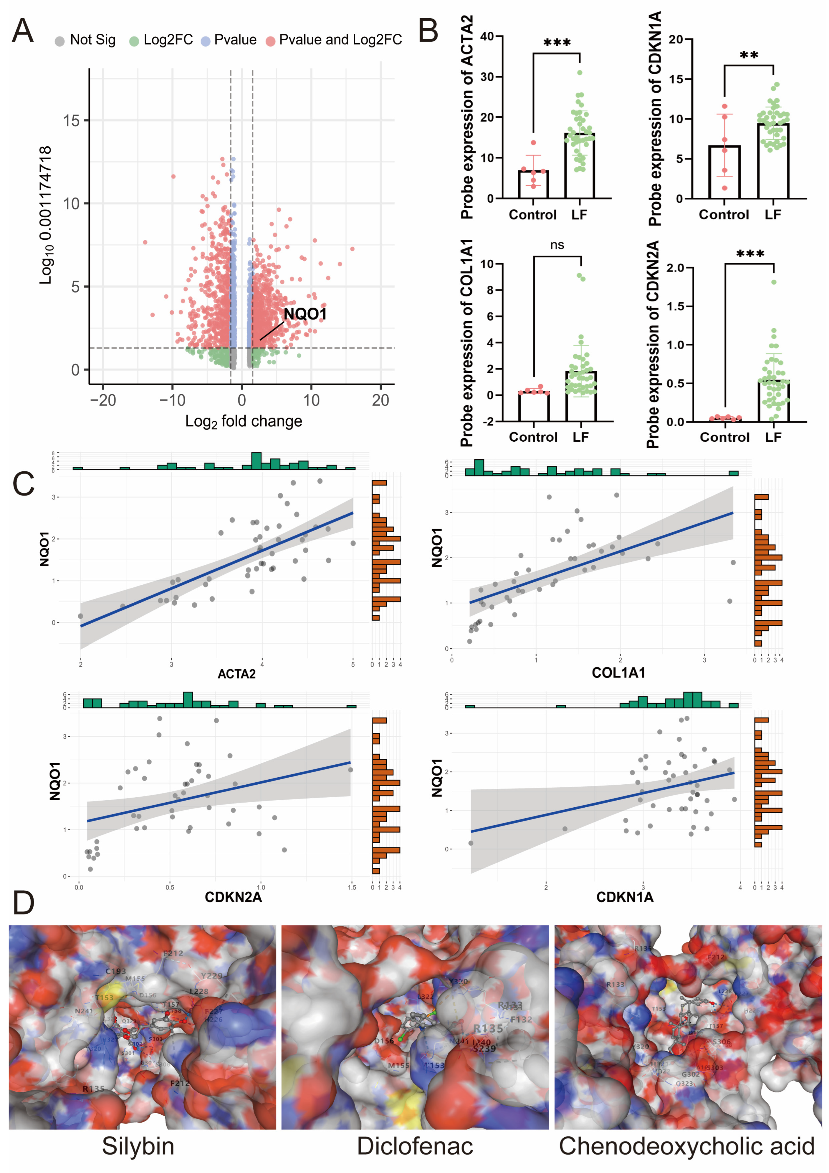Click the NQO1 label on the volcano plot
point(305,314)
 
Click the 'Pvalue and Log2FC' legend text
point(340,40)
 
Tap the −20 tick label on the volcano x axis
point(103,400)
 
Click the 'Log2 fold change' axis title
point(244,421)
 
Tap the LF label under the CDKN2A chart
point(773,437)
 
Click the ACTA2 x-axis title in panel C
point(236,674)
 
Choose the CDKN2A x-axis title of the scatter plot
point(233,897)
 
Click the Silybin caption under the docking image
point(138,1146)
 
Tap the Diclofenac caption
point(415,1146)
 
